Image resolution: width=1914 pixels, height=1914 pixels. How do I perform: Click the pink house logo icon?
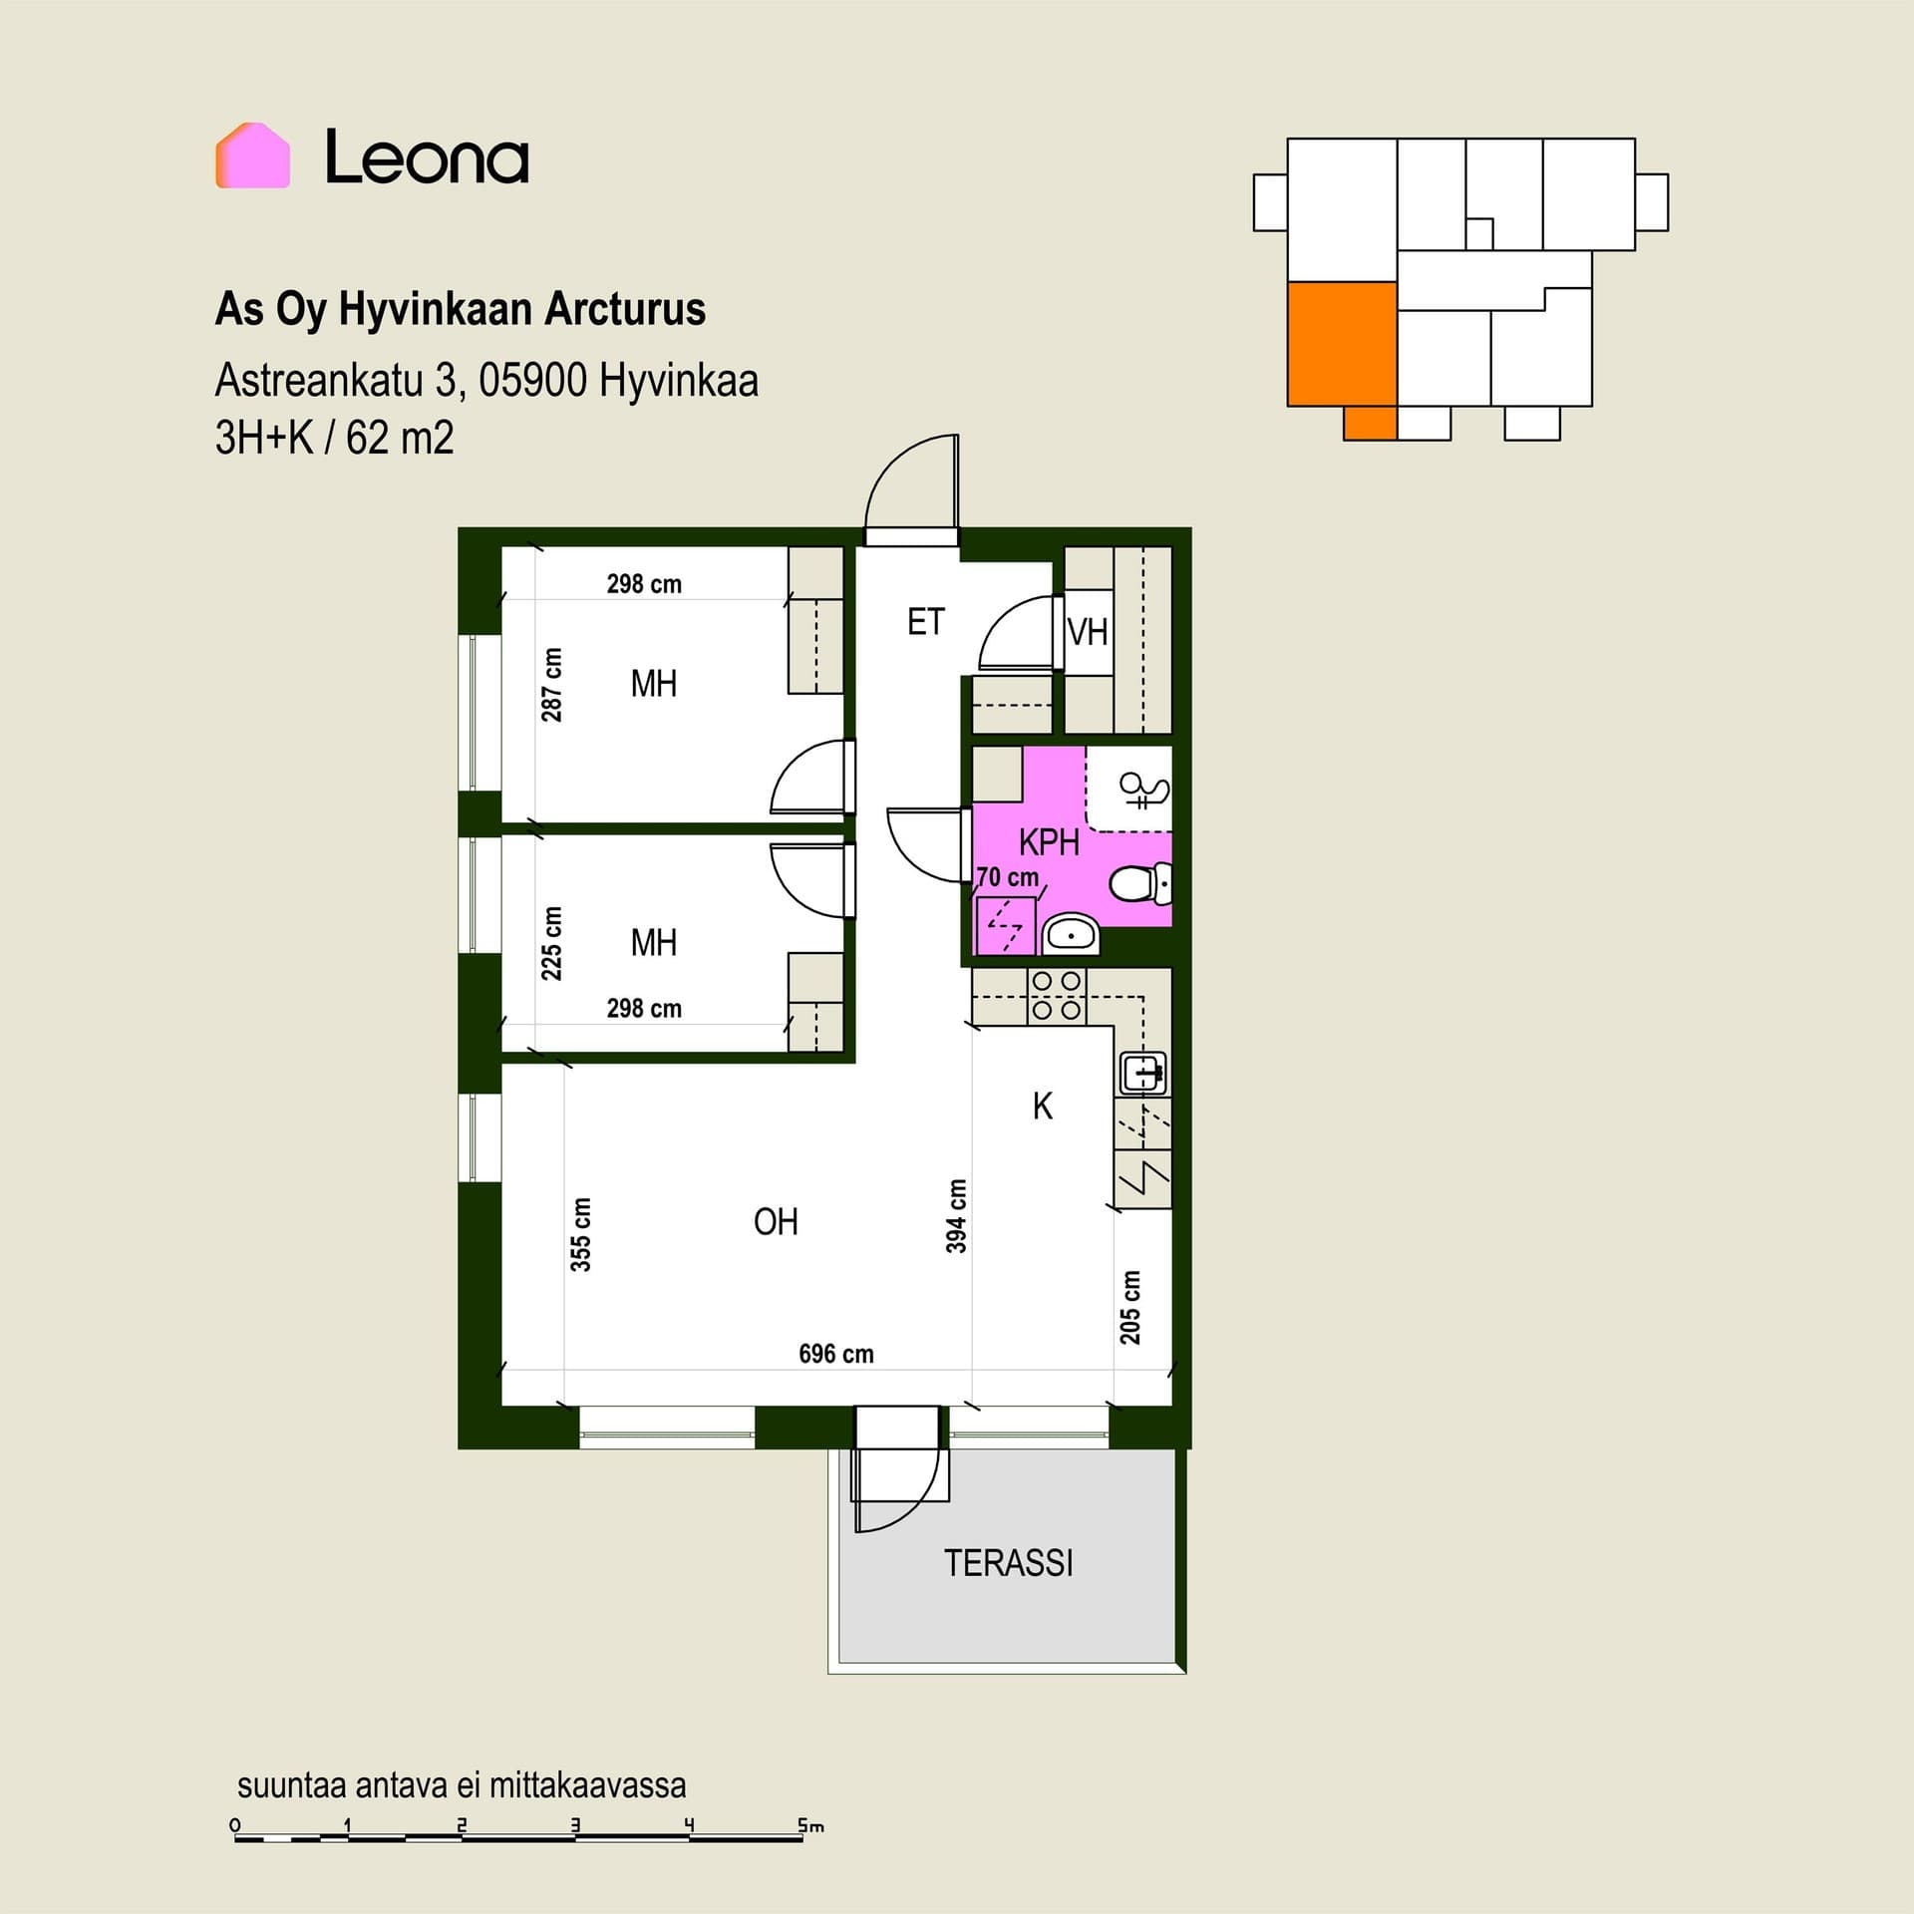click(252, 156)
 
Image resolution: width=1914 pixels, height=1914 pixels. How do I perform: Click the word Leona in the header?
click(427, 158)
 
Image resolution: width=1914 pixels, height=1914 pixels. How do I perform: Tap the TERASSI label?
click(1008, 1563)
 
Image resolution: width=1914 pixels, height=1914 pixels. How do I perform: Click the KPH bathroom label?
click(1049, 842)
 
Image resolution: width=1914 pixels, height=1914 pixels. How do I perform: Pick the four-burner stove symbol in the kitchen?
click(1057, 996)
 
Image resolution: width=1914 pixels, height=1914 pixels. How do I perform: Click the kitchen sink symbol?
click(1144, 1074)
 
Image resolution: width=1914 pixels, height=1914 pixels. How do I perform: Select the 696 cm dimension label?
click(836, 1354)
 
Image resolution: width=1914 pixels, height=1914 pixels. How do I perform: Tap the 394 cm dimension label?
click(956, 1216)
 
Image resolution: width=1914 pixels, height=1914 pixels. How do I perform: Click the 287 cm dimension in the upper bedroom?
click(551, 685)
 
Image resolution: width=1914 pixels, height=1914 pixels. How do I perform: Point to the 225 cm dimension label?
click(551, 943)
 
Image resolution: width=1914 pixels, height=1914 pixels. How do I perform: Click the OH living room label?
click(776, 1222)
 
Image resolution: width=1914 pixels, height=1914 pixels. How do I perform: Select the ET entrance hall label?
click(925, 622)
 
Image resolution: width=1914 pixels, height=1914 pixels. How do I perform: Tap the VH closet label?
click(1087, 632)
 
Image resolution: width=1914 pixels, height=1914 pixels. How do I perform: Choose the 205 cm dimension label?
click(1129, 1307)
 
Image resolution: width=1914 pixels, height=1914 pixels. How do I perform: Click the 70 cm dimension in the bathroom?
click(1008, 877)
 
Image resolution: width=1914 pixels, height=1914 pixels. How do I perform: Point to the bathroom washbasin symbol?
click(1070, 934)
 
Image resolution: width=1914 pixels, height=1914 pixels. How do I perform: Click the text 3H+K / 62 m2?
click(335, 438)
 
